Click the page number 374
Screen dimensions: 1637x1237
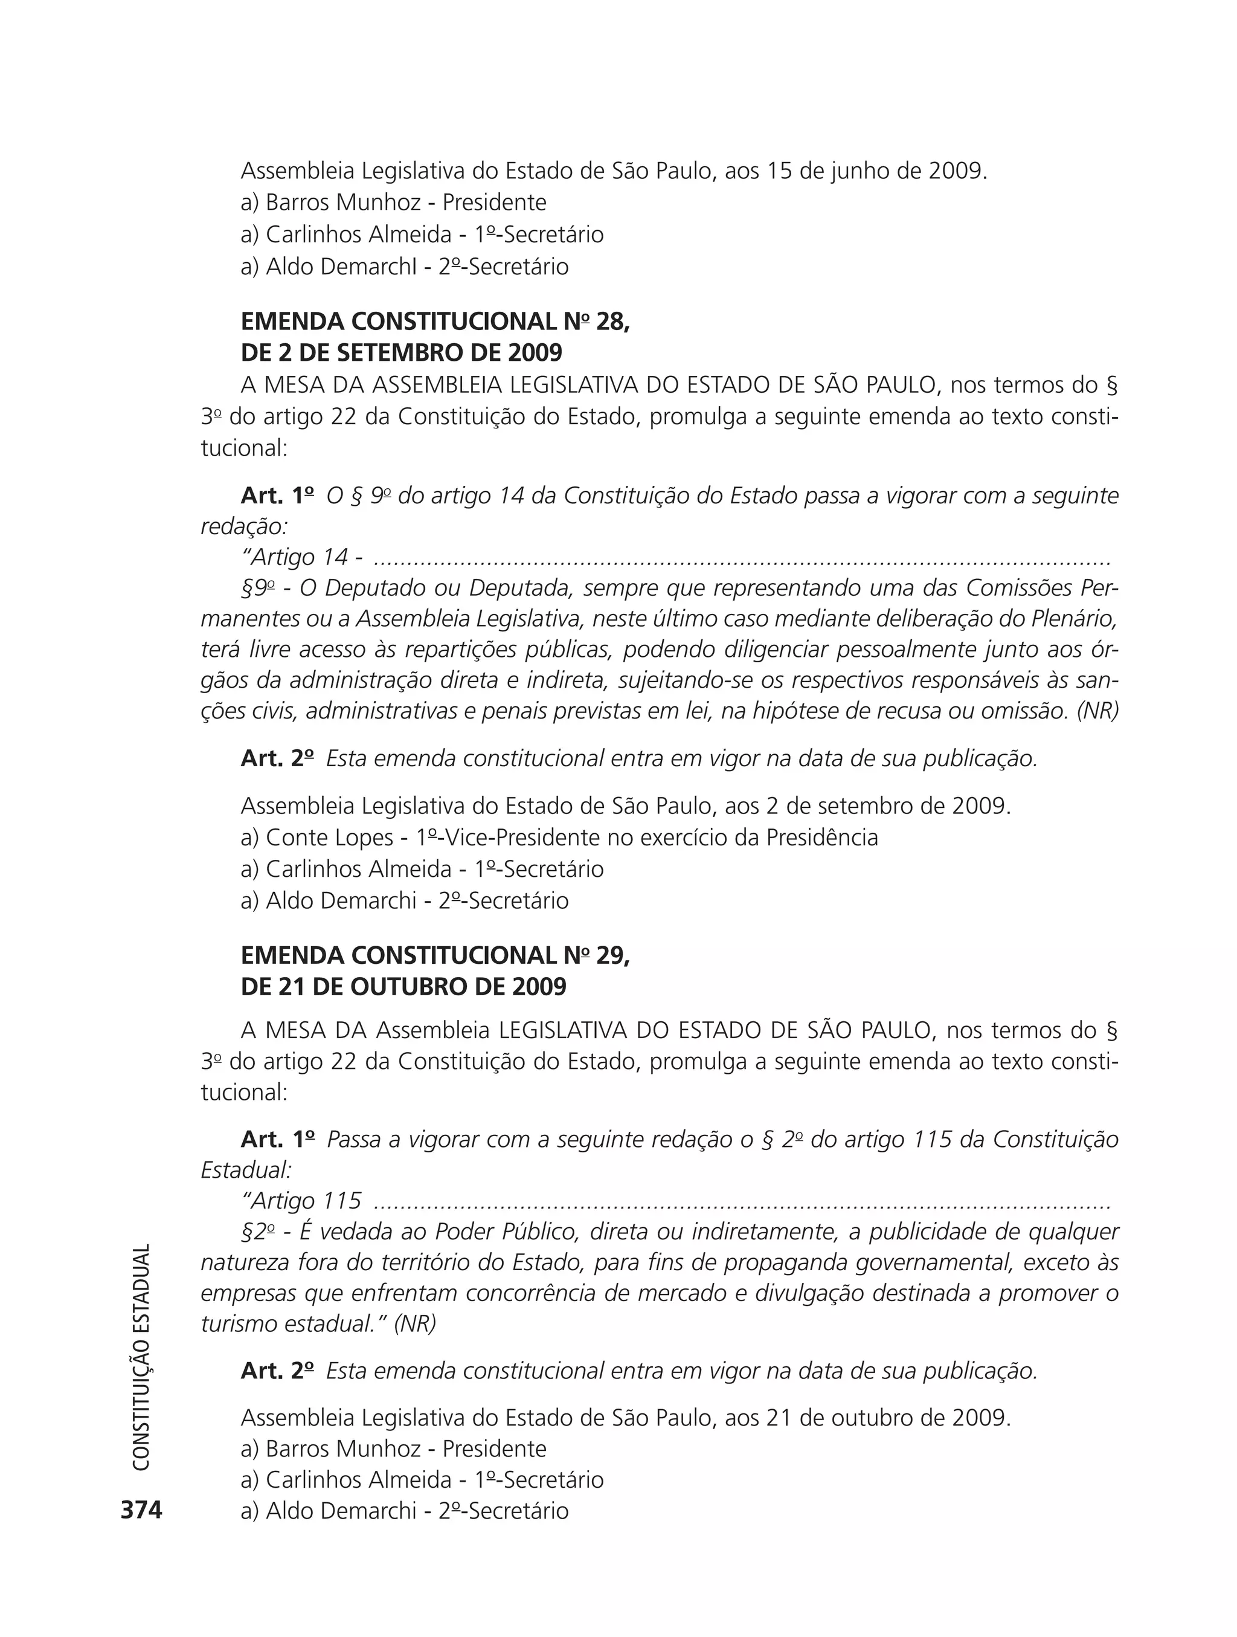coord(141,1509)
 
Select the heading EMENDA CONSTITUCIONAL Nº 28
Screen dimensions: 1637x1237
coord(435,321)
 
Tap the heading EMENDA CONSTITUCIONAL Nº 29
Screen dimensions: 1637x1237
coord(435,955)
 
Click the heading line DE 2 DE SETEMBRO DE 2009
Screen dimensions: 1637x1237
coord(401,352)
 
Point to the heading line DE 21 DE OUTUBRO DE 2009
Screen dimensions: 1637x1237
coord(403,987)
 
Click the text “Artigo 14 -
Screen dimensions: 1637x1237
coord(296,557)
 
